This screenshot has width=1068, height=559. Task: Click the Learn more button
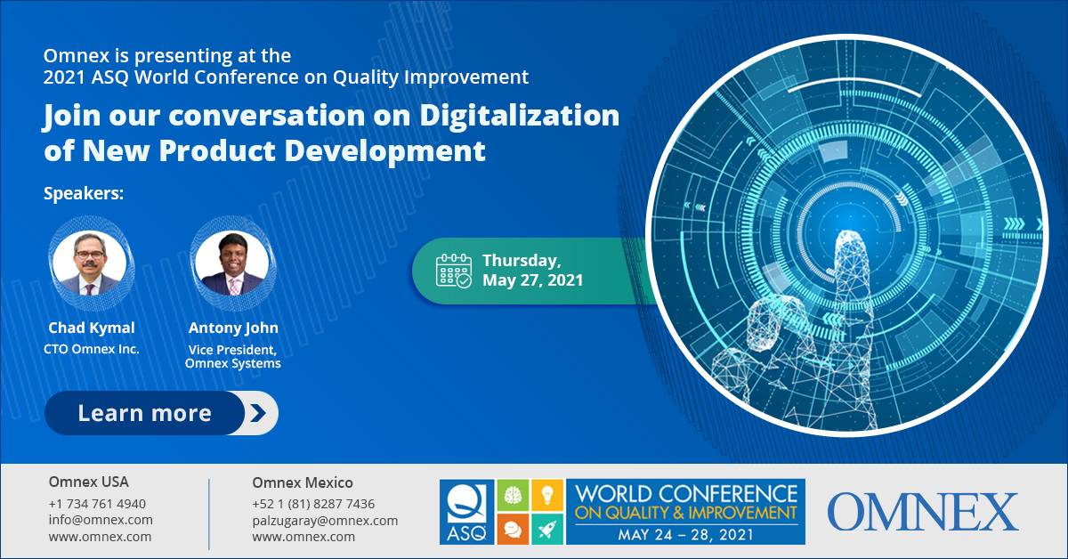coord(161,413)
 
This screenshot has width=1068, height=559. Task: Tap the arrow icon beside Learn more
coord(258,413)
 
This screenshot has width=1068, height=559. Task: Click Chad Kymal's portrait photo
coord(90,263)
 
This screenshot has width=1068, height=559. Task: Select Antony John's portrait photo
coord(232,263)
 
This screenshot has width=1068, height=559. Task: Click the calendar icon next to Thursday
coord(453,271)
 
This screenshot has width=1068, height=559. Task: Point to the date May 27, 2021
coord(532,280)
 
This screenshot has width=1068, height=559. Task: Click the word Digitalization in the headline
coord(519,117)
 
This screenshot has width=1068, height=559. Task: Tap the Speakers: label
coord(84,194)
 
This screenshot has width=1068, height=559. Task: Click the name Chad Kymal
coord(92,328)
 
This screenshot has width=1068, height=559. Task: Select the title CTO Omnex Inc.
coord(92,349)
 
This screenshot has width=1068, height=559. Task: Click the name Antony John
coord(233,328)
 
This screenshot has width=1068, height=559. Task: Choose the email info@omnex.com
coord(101,520)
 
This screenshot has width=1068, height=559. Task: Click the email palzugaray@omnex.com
coord(325,521)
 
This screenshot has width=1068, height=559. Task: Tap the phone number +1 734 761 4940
coord(97,504)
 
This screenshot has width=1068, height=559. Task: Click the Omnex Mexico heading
coord(303,482)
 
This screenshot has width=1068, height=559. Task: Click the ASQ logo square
coord(466,512)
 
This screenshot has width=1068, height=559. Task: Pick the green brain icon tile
coord(513,495)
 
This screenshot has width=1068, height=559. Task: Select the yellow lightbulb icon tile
coord(547,495)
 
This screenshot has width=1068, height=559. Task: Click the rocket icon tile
coord(547,529)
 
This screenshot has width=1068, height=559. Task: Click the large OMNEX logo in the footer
coord(923,512)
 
